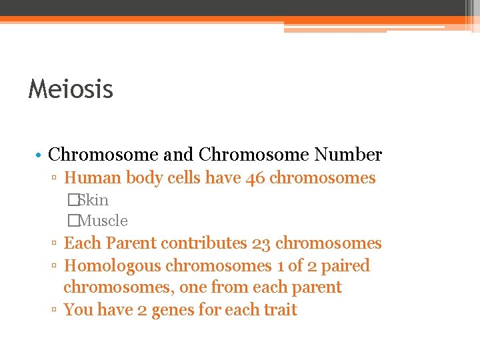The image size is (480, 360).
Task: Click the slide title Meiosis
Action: click(x=71, y=89)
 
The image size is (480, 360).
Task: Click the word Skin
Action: click(x=94, y=200)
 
